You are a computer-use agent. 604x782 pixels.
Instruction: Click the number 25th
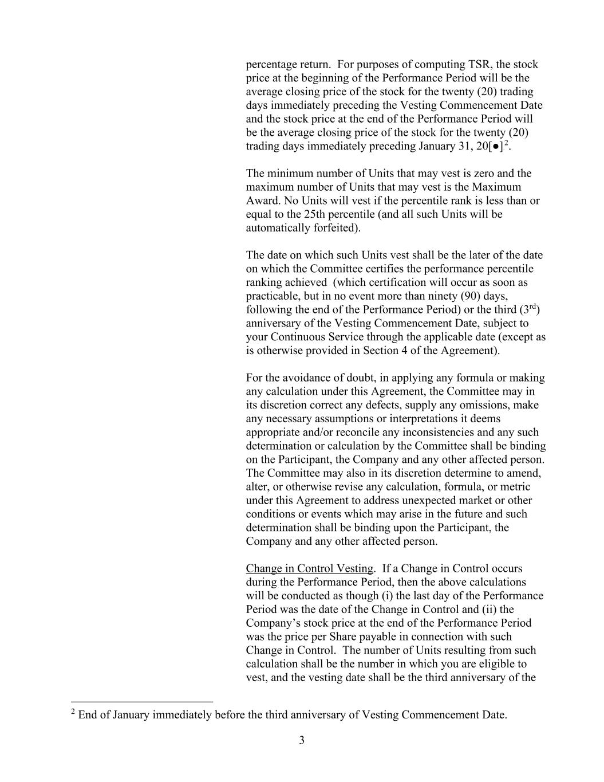[x=418, y=214]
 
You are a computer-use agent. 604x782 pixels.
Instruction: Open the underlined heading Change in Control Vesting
[x=309, y=569]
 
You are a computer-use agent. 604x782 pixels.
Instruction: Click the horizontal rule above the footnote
[x=142, y=702]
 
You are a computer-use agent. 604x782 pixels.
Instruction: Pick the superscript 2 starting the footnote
[x=73, y=712]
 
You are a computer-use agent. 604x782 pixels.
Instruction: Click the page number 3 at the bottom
[x=302, y=741]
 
